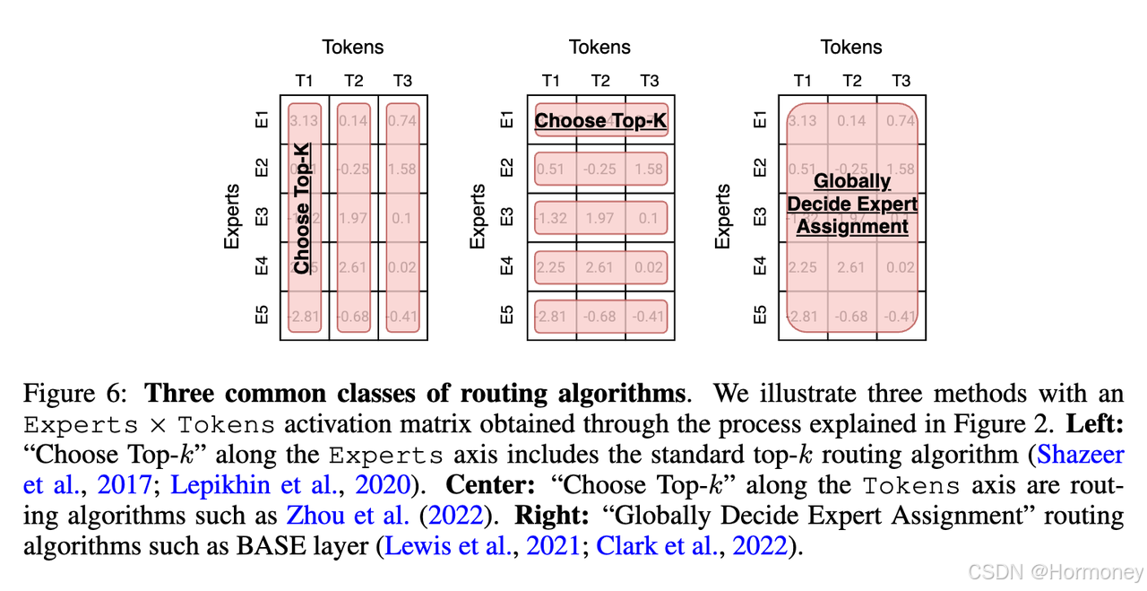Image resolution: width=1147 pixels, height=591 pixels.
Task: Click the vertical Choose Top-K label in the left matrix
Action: click(x=303, y=208)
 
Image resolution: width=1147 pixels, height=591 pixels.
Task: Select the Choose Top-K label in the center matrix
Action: click(x=601, y=120)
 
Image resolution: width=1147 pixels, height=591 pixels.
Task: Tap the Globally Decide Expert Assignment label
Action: click(x=852, y=204)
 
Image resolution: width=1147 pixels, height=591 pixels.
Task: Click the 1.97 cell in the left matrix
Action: click(x=354, y=219)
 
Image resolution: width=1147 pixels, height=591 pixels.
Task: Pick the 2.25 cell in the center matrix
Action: click(x=551, y=267)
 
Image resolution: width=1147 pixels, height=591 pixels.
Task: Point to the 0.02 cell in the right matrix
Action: click(x=901, y=267)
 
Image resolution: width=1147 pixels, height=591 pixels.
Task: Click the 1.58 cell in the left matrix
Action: click(x=402, y=169)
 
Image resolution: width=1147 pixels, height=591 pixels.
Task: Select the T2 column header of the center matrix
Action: click(x=600, y=81)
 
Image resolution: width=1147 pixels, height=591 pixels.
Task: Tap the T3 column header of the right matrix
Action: click(x=901, y=81)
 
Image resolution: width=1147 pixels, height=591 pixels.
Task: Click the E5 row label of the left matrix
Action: click(x=261, y=316)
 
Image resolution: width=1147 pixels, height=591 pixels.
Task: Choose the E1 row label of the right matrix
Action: click(x=760, y=120)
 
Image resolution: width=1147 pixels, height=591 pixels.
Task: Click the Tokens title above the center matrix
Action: click(x=600, y=48)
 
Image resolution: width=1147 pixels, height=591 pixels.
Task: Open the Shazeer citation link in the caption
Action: click(x=1080, y=455)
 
